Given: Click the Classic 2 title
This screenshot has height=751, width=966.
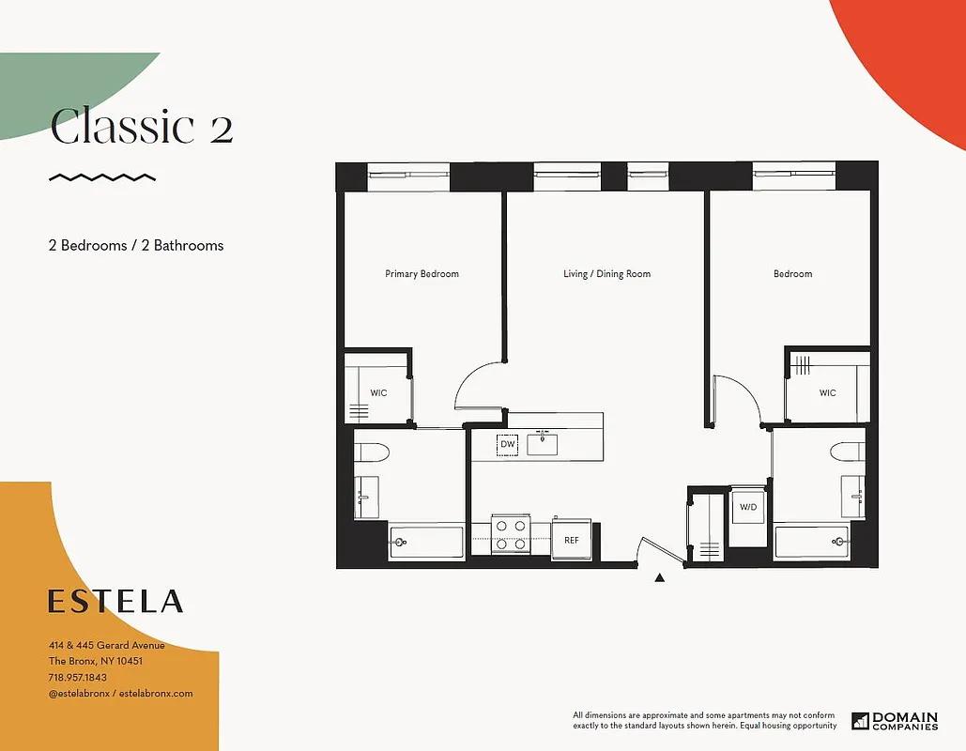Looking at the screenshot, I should coord(141,127).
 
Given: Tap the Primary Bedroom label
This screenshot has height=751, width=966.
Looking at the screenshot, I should coord(422,274).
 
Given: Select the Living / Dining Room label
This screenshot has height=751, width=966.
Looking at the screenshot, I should coord(606,274).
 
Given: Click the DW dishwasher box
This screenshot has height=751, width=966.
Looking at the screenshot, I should coord(508,443).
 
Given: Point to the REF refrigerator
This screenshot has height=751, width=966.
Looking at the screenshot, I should coord(572,540).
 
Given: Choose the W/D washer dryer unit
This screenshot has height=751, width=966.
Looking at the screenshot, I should coord(748,508).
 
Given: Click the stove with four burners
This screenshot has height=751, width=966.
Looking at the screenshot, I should coord(511,535).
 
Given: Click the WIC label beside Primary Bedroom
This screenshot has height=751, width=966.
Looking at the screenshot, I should coord(378,392).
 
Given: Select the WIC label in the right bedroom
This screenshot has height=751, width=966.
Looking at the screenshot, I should coord(827,392).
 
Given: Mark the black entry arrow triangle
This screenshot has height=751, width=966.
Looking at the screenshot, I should coord(659,578).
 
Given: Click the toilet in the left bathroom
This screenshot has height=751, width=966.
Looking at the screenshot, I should coord(372,452).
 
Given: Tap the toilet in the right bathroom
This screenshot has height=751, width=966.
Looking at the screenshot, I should coord(848,452).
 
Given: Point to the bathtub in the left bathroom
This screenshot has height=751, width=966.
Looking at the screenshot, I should coord(426,542).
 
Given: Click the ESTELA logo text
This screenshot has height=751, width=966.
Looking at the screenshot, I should coord(115,601).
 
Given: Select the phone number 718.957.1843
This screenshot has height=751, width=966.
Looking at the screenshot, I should coord(78,677).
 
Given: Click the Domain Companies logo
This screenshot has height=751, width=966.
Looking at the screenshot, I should coord(895,721).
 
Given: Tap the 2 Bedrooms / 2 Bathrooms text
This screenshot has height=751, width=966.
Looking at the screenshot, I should coord(136,245).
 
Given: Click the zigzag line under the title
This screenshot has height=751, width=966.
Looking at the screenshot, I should coord(102,176).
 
